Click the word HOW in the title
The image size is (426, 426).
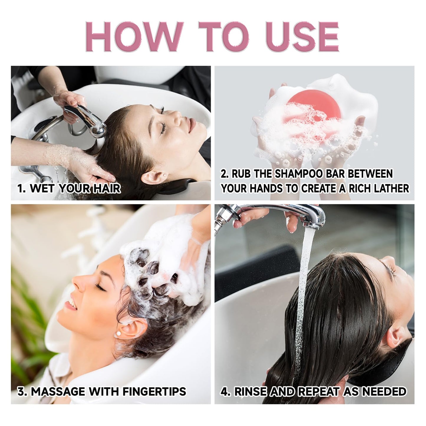134,37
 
